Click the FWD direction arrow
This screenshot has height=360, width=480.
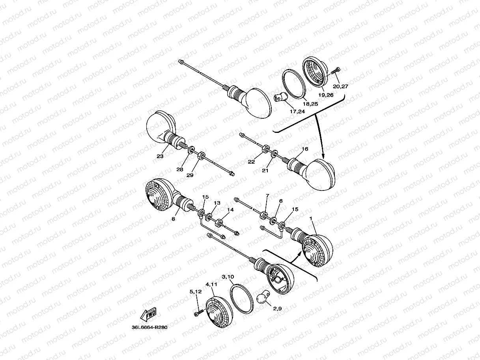[x=148, y=314]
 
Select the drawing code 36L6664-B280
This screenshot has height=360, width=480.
[x=149, y=327]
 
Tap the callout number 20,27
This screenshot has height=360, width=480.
[x=340, y=86]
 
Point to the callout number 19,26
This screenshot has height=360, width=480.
[x=326, y=95]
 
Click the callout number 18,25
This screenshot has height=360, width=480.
[x=310, y=104]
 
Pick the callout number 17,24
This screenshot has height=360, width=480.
[x=297, y=112]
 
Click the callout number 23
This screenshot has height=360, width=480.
[x=160, y=156]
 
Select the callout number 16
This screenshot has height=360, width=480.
[x=305, y=149]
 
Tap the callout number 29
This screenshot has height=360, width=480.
[x=190, y=175]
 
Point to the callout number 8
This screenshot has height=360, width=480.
[x=173, y=219]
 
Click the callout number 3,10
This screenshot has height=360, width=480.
[x=228, y=277]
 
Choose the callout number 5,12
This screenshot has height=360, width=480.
[x=196, y=291]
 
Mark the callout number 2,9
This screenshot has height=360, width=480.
[x=277, y=309]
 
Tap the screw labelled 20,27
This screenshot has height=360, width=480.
[x=336, y=71]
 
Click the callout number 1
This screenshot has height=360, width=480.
[x=310, y=218]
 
